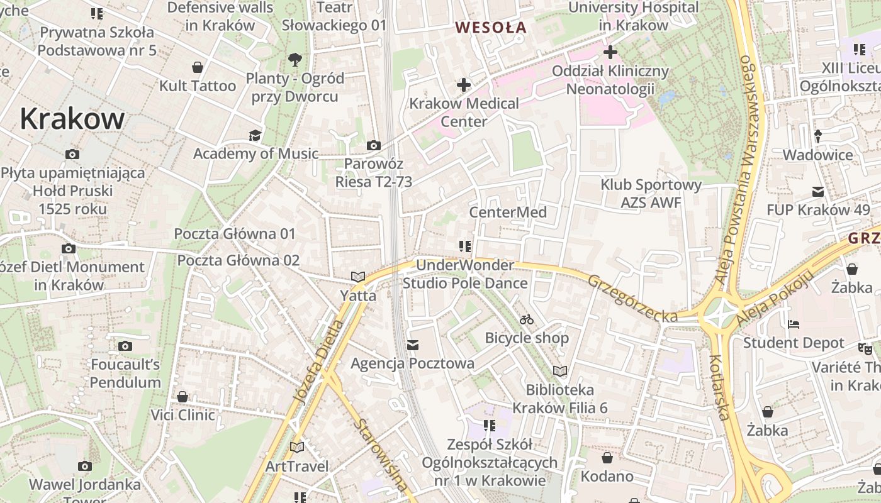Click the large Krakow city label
click(x=72, y=118)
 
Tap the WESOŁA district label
click(x=491, y=28)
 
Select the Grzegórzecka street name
click(x=632, y=298)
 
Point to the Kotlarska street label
click(x=719, y=387)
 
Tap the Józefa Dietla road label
click(x=319, y=361)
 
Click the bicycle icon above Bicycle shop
click(x=527, y=319)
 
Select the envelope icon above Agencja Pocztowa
click(x=413, y=345)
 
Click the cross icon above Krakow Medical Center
click(x=464, y=84)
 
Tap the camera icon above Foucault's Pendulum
click(x=125, y=346)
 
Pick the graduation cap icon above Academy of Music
click(x=255, y=135)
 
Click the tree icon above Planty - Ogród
click(x=295, y=60)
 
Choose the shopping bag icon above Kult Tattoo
click(x=198, y=67)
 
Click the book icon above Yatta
click(x=358, y=277)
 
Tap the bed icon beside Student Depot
click(x=794, y=324)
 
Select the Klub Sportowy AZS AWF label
click(x=651, y=194)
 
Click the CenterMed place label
click(x=508, y=212)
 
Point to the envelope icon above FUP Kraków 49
click(x=818, y=191)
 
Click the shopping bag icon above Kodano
click(x=607, y=458)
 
